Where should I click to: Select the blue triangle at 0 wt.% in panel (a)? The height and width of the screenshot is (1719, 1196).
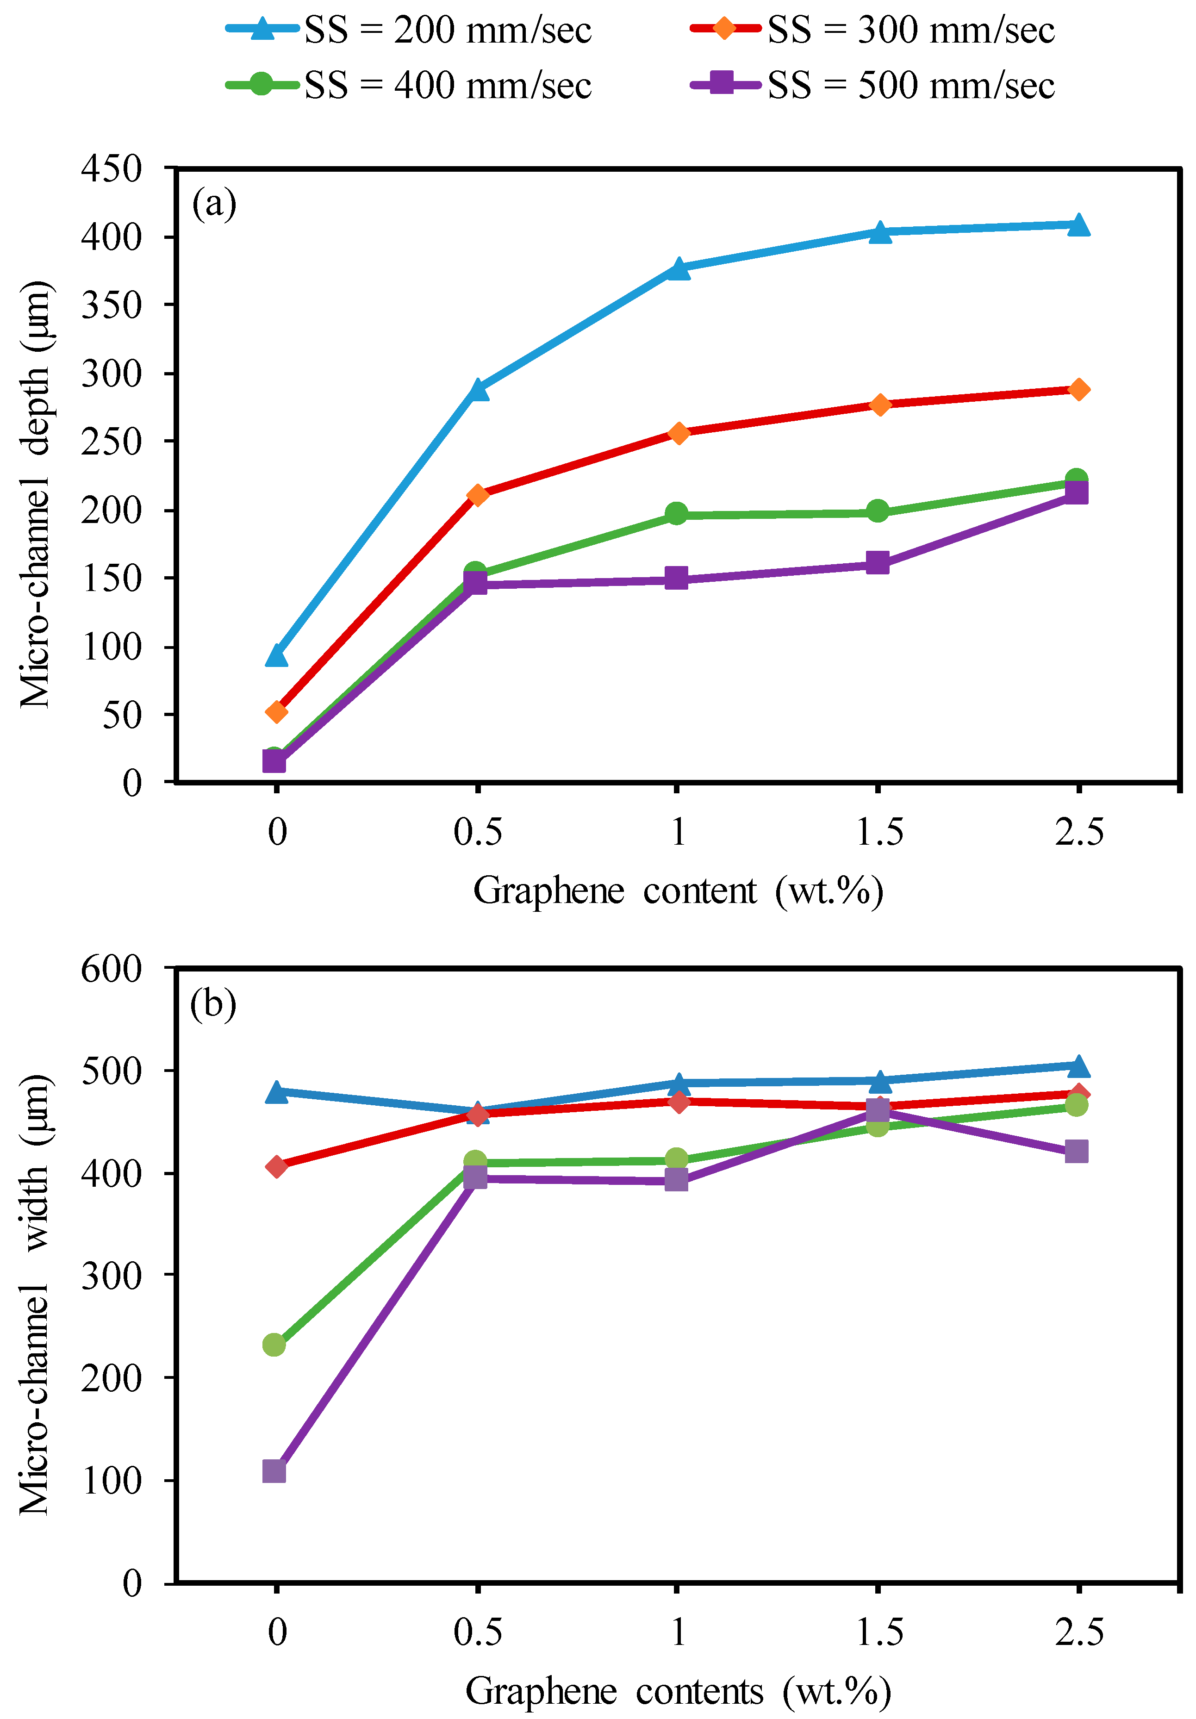pos(276,655)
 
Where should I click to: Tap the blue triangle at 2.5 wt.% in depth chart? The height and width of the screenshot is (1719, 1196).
pos(1078,224)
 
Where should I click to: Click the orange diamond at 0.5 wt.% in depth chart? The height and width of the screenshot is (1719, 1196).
pos(477,495)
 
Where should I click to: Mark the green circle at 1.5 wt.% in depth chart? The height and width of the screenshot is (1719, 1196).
pos(878,511)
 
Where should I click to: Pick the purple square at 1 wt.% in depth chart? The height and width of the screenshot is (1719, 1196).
pos(676,578)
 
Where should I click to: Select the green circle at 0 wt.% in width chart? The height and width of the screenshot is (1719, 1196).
pos(274,1345)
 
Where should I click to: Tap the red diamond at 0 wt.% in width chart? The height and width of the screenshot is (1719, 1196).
pos(276,1166)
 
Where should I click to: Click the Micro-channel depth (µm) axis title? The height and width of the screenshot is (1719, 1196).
pos(35,494)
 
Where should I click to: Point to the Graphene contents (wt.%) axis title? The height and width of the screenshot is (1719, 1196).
pos(678,1691)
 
